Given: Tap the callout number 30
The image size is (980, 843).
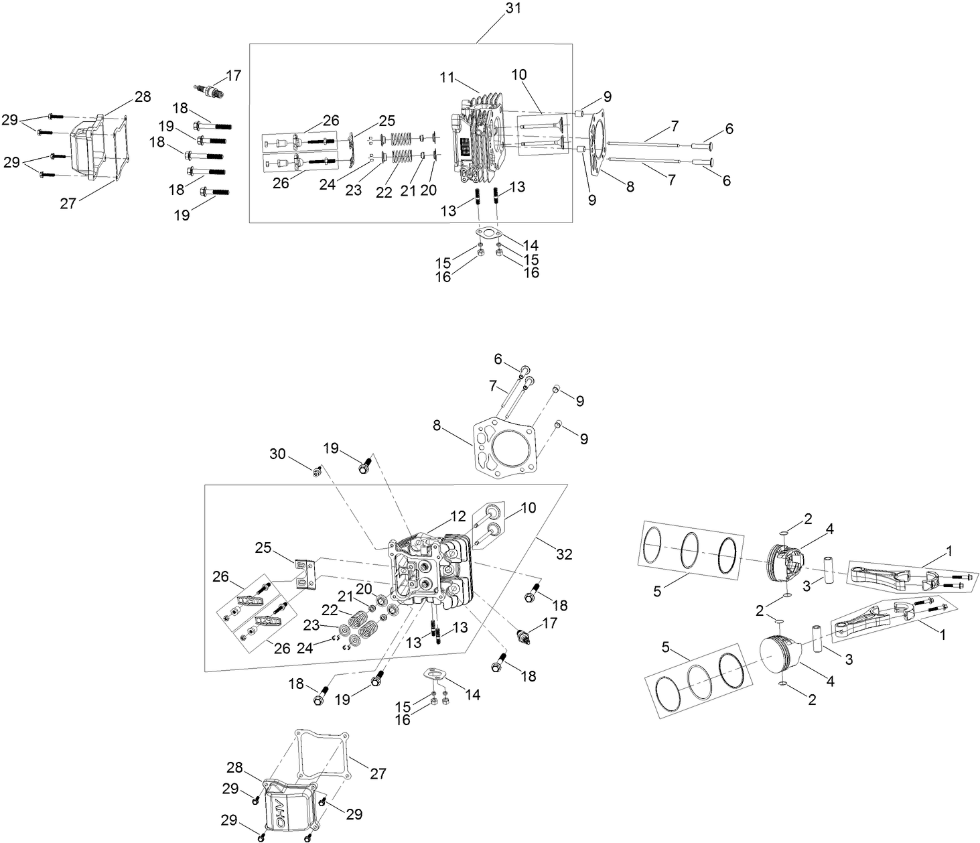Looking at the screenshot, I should click(277, 454).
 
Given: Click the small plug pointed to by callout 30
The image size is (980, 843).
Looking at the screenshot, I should click(317, 472).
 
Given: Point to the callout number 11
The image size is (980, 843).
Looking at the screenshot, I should click(447, 78).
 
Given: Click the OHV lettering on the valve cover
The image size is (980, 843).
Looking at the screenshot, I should click(281, 812).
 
